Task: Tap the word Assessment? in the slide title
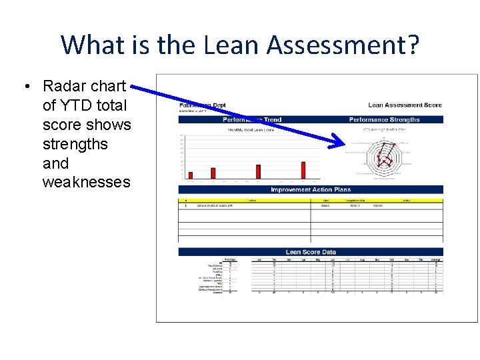(x=343, y=45)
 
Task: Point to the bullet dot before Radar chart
(x=26, y=87)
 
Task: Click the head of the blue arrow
(x=340, y=141)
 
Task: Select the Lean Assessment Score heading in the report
(x=405, y=105)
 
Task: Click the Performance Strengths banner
(x=385, y=120)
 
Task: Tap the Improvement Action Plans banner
(x=311, y=190)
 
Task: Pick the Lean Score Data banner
(x=311, y=252)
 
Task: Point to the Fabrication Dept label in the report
(x=203, y=105)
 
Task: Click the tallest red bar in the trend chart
(x=304, y=171)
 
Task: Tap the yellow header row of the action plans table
(x=311, y=199)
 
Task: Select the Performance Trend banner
(x=253, y=120)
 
